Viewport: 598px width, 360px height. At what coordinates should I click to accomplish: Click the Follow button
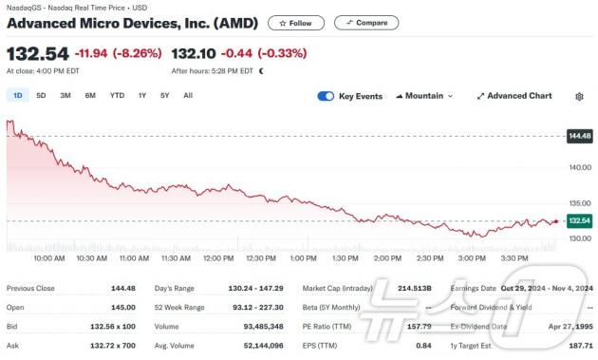pos(295,23)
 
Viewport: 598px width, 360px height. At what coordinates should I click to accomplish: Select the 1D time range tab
pos(18,95)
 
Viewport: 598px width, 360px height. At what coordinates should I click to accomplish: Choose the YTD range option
pos(117,95)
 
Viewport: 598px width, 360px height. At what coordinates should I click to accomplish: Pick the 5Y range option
pos(165,95)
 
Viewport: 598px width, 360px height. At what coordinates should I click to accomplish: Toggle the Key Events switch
pos(326,96)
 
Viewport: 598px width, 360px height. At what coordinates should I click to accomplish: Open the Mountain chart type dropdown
pos(424,96)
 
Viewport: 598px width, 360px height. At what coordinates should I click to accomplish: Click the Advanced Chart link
pos(514,96)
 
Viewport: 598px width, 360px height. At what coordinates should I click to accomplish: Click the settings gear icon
pos(579,96)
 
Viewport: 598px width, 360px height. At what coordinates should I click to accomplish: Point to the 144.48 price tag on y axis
pos(578,136)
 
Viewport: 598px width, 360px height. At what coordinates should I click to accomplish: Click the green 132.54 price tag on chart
pos(578,220)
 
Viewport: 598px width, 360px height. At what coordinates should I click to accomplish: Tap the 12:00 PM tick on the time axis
pos(219,257)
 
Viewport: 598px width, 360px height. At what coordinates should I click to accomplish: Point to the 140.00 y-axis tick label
pos(580,168)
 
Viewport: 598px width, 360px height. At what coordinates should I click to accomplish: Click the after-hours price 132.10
pos(194,55)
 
